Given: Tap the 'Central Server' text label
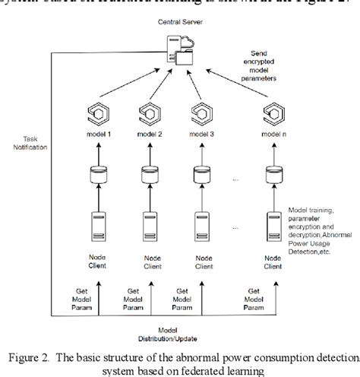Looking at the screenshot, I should tap(179, 23).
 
